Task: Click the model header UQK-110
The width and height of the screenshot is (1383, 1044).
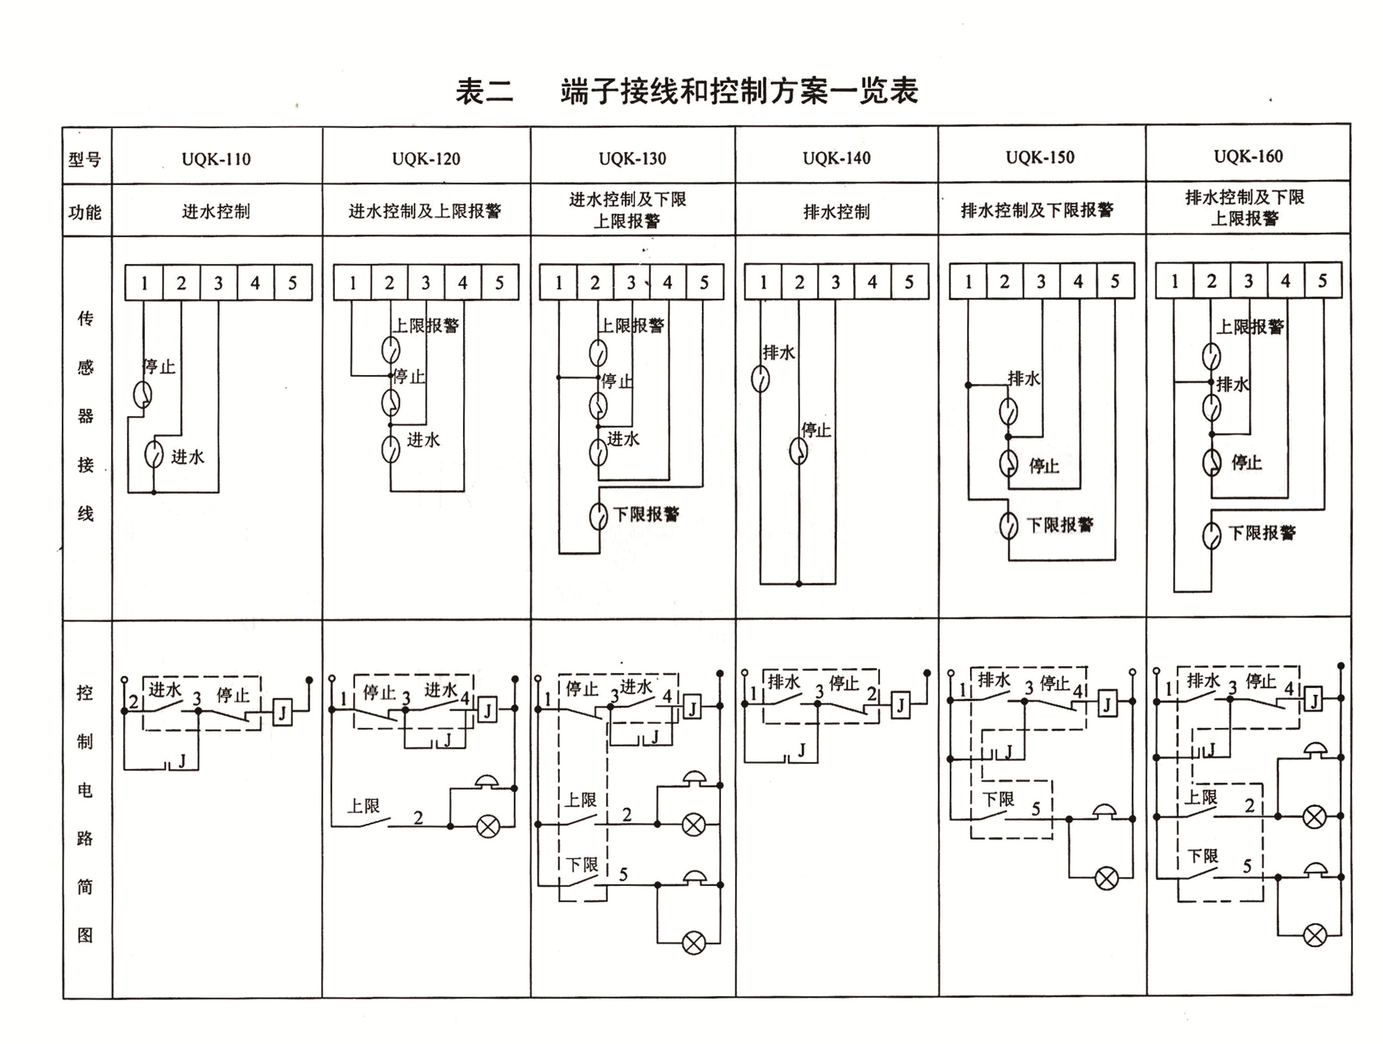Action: [x=216, y=159]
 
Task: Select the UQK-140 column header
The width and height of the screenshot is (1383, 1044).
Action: [x=837, y=158]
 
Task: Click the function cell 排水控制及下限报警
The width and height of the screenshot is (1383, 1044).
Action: [x=1037, y=210]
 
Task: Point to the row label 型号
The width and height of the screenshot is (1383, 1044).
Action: [x=84, y=159]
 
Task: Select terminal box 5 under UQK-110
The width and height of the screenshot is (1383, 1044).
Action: [x=293, y=283]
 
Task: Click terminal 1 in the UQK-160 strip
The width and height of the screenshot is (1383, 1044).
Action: [x=1174, y=281]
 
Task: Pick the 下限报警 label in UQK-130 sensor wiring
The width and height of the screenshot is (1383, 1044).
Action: [x=646, y=514]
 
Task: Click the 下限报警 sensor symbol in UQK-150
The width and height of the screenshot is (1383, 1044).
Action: [x=1008, y=525]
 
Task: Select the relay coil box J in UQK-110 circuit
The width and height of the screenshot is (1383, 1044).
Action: [x=283, y=712]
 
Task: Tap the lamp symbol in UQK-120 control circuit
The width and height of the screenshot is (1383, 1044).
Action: [x=488, y=826]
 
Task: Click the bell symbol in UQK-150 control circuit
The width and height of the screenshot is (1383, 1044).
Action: [x=1106, y=812]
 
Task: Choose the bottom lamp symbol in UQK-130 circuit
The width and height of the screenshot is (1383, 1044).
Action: [x=693, y=942]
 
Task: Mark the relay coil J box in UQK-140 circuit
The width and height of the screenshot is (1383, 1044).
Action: [x=900, y=705]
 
